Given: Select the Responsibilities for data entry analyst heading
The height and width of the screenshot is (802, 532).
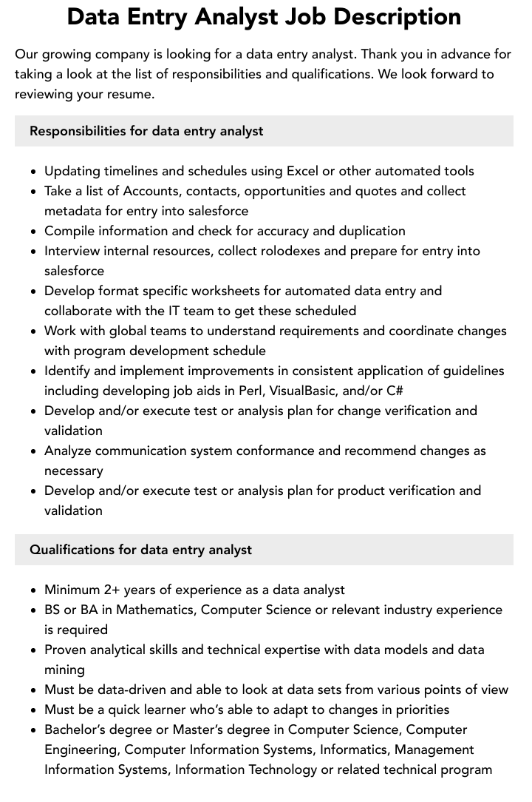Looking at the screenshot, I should point(146,131).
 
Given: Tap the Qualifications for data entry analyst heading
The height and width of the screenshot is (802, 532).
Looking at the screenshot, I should point(140,550).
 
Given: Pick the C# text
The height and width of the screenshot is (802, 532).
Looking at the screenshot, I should point(395,391).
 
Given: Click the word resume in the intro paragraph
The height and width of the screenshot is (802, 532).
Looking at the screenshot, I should point(134,94).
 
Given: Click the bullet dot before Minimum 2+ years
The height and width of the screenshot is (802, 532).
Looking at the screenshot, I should point(34,590).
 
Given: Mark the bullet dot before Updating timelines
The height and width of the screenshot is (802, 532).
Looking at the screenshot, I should point(34,172).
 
